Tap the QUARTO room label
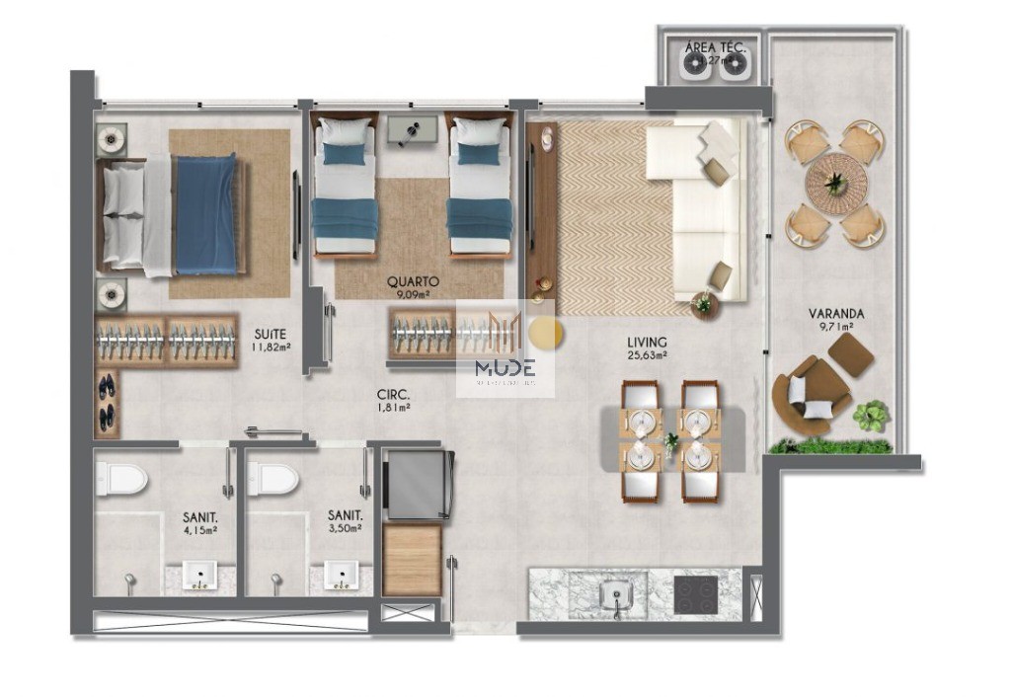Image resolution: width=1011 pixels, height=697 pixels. click(414, 280)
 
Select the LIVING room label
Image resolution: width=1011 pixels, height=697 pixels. click(647, 343)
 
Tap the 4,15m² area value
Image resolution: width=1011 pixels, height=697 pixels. click(199, 529)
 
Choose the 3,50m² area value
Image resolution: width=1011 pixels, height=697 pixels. click(345, 529)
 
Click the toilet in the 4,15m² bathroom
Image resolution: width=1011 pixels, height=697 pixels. click(119, 480)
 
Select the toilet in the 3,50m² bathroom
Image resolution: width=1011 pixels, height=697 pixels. click(272, 480)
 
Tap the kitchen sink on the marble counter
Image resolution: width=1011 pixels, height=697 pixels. click(616, 593)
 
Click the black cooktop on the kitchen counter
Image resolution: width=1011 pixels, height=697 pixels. click(694, 594)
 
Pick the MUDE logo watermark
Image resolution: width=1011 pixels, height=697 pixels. click(505, 367)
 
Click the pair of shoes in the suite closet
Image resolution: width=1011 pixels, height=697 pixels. click(107, 399)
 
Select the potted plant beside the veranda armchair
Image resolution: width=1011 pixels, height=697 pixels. click(871, 416)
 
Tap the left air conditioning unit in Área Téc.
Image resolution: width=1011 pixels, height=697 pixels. click(693, 64)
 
